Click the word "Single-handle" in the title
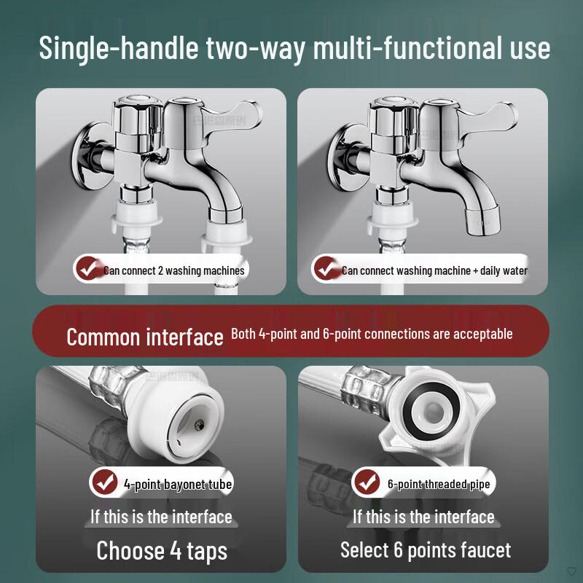tap(116, 48)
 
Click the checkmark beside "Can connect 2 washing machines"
tap(88, 270)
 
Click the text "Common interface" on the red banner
tap(144, 337)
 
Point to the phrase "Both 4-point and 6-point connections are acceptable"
tap(372, 334)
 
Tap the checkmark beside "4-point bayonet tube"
tap(106, 482)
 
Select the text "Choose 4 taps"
tap(162, 549)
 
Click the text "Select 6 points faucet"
tap(426, 549)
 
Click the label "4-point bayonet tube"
tap(178, 483)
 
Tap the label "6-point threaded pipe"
tap(439, 483)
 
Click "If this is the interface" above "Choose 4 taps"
tap(161, 517)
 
